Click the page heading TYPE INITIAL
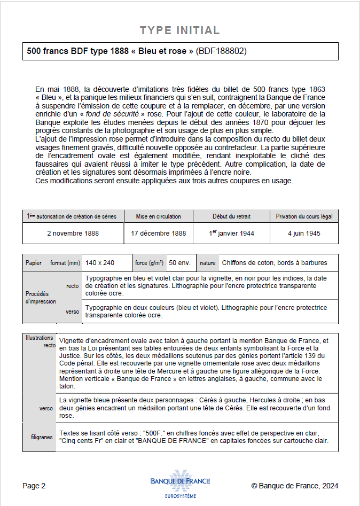point(179,30)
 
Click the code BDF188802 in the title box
point(221,51)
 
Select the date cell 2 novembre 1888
point(73,233)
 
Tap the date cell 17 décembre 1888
point(158,233)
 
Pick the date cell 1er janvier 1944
point(231,233)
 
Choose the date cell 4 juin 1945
point(304,233)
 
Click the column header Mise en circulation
point(158,216)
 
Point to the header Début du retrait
point(231,216)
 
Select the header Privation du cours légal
point(304,216)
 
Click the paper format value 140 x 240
point(100,263)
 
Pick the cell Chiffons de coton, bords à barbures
point(274,263)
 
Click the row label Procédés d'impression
point(41,298)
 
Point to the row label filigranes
point(42,437)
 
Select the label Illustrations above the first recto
point(39,338)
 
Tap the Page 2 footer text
point(34,486)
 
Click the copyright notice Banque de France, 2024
point(294,486)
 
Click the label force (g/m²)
point(150,263)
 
